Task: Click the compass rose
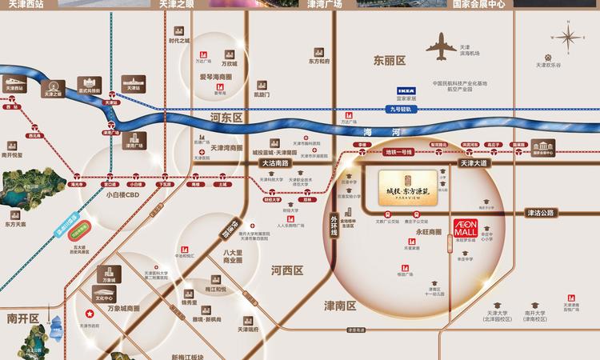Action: point(569,38)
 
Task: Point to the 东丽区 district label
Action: point(390,60)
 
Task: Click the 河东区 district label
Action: point(226,118)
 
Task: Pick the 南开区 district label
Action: point(23,318)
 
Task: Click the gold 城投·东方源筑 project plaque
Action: point(407,186)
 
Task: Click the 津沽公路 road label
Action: point(541,213)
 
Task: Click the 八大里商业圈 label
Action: point(233,256)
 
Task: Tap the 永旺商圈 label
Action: point(430,231)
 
